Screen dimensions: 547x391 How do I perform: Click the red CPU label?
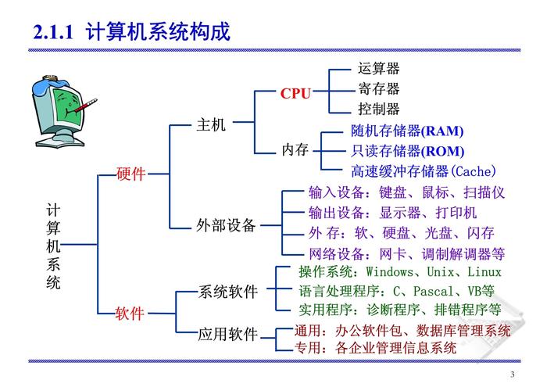point(295,94)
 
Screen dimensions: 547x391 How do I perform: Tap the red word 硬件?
point(130,174)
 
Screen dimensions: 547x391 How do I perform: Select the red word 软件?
point(130,313)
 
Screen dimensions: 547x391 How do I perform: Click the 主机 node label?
point(211,124)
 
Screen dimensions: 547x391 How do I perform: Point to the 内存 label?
point(295,150)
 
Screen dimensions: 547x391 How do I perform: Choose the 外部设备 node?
point(226,225)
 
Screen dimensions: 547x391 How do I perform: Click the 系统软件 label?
point(228,292)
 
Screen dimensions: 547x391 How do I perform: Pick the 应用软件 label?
point(228,334)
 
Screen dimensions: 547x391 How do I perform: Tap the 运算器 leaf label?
point(378,69)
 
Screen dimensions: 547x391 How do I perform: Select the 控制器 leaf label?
point(378,109)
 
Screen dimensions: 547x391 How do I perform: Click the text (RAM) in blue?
point(442,131)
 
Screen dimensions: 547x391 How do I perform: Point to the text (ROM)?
point(442,152)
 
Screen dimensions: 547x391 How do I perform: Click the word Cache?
point(473,171)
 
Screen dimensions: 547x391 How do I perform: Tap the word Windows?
point(390,271)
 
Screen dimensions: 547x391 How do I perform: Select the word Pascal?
point(433,291)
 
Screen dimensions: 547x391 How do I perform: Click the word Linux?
point(484,271)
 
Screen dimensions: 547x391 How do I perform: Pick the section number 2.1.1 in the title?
point(53,32)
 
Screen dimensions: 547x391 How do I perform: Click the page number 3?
point(513,375)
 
